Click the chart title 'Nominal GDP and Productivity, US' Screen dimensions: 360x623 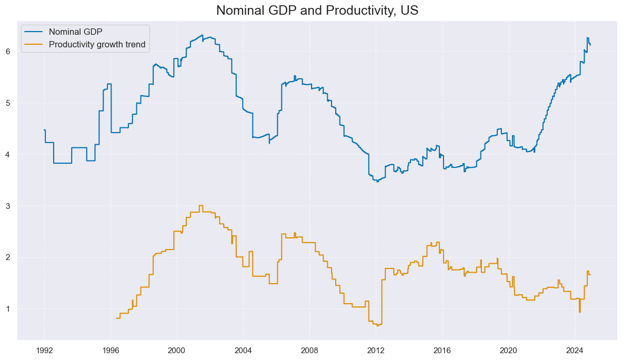pyautogui.click(x=317, y=10)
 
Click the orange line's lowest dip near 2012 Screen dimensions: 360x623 pyautogui.click(x=378, y=325)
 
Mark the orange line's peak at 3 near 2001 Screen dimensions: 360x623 pyautogui.click(x=200, y=206)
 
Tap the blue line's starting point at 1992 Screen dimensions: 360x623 pyautogui.click(x=44, y=130)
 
